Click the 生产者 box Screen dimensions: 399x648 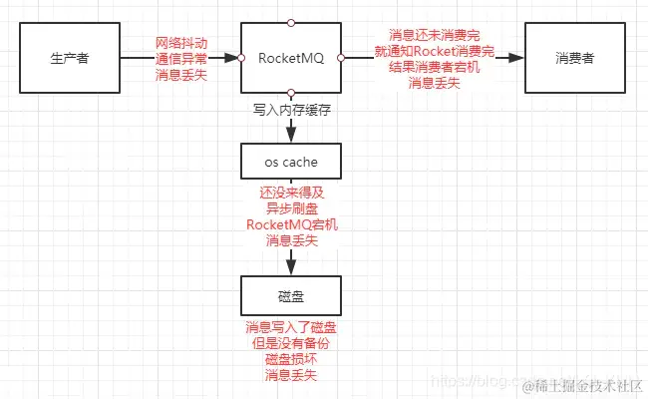70,58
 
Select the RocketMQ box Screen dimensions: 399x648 290,58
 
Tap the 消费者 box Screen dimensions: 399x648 570,58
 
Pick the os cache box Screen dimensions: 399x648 291,160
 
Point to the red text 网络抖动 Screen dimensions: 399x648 182,43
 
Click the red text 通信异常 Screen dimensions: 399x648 182,60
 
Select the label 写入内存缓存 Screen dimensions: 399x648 291,110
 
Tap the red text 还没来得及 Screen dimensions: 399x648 291,192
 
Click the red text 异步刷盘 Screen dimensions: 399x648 291,208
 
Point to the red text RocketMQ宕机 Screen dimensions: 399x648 291,224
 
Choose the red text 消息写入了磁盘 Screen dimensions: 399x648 291,327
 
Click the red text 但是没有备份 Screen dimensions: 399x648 291,343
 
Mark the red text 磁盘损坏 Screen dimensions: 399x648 291,359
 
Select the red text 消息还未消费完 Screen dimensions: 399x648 435,35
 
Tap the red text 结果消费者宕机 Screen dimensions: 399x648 435,67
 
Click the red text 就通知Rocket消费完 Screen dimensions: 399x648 435,51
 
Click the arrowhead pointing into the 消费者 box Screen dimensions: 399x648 517,58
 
